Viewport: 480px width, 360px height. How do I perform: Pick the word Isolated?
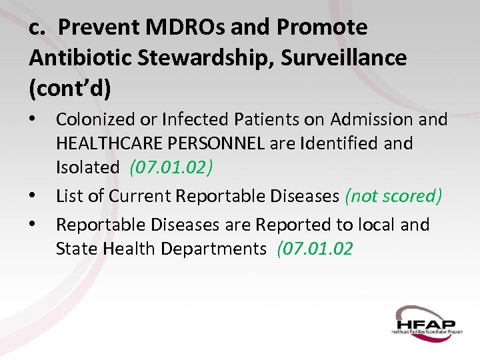[x=87, y=167]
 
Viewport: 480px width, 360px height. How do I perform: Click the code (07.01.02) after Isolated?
[x=171, y=167]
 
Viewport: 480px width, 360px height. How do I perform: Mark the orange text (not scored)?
[x=393, y=196]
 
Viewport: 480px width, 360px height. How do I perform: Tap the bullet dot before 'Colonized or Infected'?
[x=35, y=119]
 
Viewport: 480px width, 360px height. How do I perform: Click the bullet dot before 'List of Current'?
[x=35, y=196]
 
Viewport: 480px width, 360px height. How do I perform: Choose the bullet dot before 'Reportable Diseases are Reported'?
[x=35, y=225]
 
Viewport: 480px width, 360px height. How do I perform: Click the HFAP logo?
[x=426, y=322]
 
